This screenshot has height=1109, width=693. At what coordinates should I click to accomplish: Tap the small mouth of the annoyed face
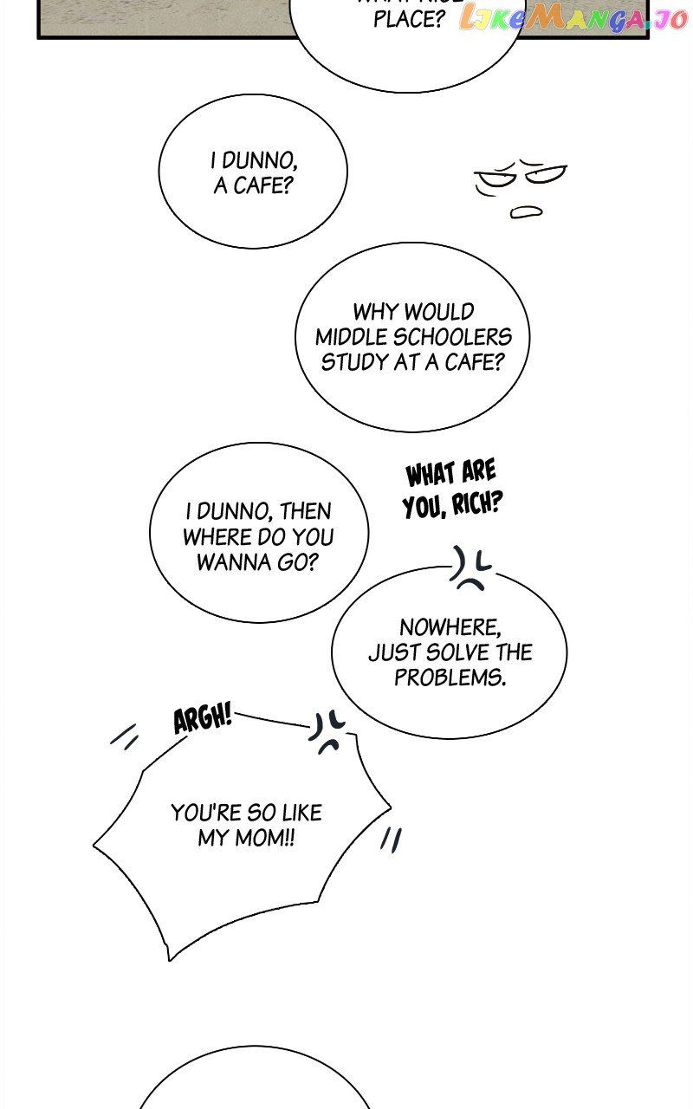click(x=526, y=211)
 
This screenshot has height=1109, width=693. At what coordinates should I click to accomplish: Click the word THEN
click(x=305, y=511)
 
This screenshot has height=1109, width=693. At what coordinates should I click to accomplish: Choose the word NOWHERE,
click(x=450, y=626)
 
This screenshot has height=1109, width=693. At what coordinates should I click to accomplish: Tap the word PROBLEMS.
click(x=450, y=677)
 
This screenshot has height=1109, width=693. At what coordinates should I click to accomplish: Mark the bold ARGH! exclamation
click(x=203, y=718)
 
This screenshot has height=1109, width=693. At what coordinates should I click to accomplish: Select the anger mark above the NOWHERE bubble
click(x=470, y=569)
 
